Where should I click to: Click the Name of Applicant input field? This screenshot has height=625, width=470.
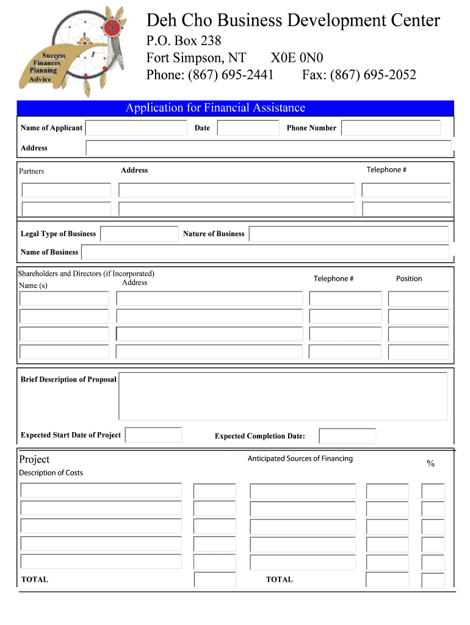[136, 128]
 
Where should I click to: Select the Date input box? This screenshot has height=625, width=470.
[248, 128]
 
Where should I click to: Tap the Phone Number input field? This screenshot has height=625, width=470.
[391, 128]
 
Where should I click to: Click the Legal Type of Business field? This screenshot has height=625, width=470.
[140, 234]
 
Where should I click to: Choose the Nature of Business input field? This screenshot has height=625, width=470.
[349, 234]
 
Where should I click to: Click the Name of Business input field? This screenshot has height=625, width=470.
[266, 252]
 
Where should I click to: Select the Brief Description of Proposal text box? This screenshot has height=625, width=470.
[283, 397]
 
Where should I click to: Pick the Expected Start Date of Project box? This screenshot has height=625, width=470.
[153, 435]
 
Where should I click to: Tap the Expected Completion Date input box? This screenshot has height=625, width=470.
[347, 436]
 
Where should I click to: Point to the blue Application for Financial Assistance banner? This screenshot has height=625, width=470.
[236, 108]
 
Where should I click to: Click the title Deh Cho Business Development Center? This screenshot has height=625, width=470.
[293, 21]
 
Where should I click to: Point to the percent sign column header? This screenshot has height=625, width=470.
[430, 464]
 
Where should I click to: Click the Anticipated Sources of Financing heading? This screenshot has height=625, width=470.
[300, 458]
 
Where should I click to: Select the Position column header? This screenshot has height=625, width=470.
[408, 279]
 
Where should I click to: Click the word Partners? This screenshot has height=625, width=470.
[32, 172]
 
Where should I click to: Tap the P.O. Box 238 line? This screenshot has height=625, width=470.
[184, 41]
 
